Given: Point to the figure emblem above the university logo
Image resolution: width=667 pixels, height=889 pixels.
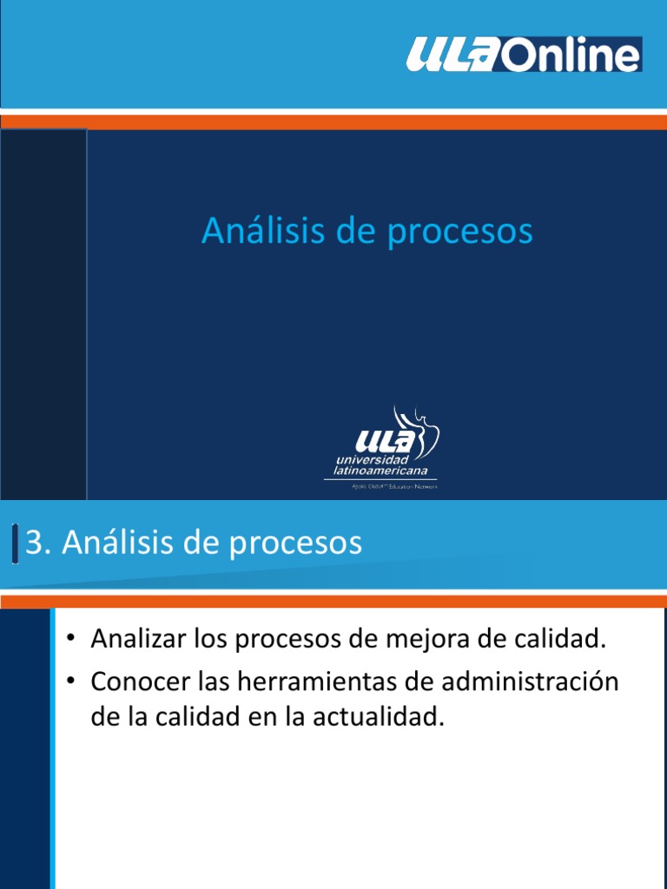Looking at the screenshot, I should pyautogui.click(x=418, y=425).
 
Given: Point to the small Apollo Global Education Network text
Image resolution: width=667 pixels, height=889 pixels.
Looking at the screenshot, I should pyautogui.click(x=387, y=487).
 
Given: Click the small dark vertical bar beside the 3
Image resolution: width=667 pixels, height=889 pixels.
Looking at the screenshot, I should pyautogui.click(x=16, y=544).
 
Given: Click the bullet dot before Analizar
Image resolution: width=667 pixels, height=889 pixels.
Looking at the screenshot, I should pyautogui.click(x=73, y=642).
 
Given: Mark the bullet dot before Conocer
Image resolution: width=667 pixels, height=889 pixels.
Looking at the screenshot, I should pyautogui.click(x=73, y=683).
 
